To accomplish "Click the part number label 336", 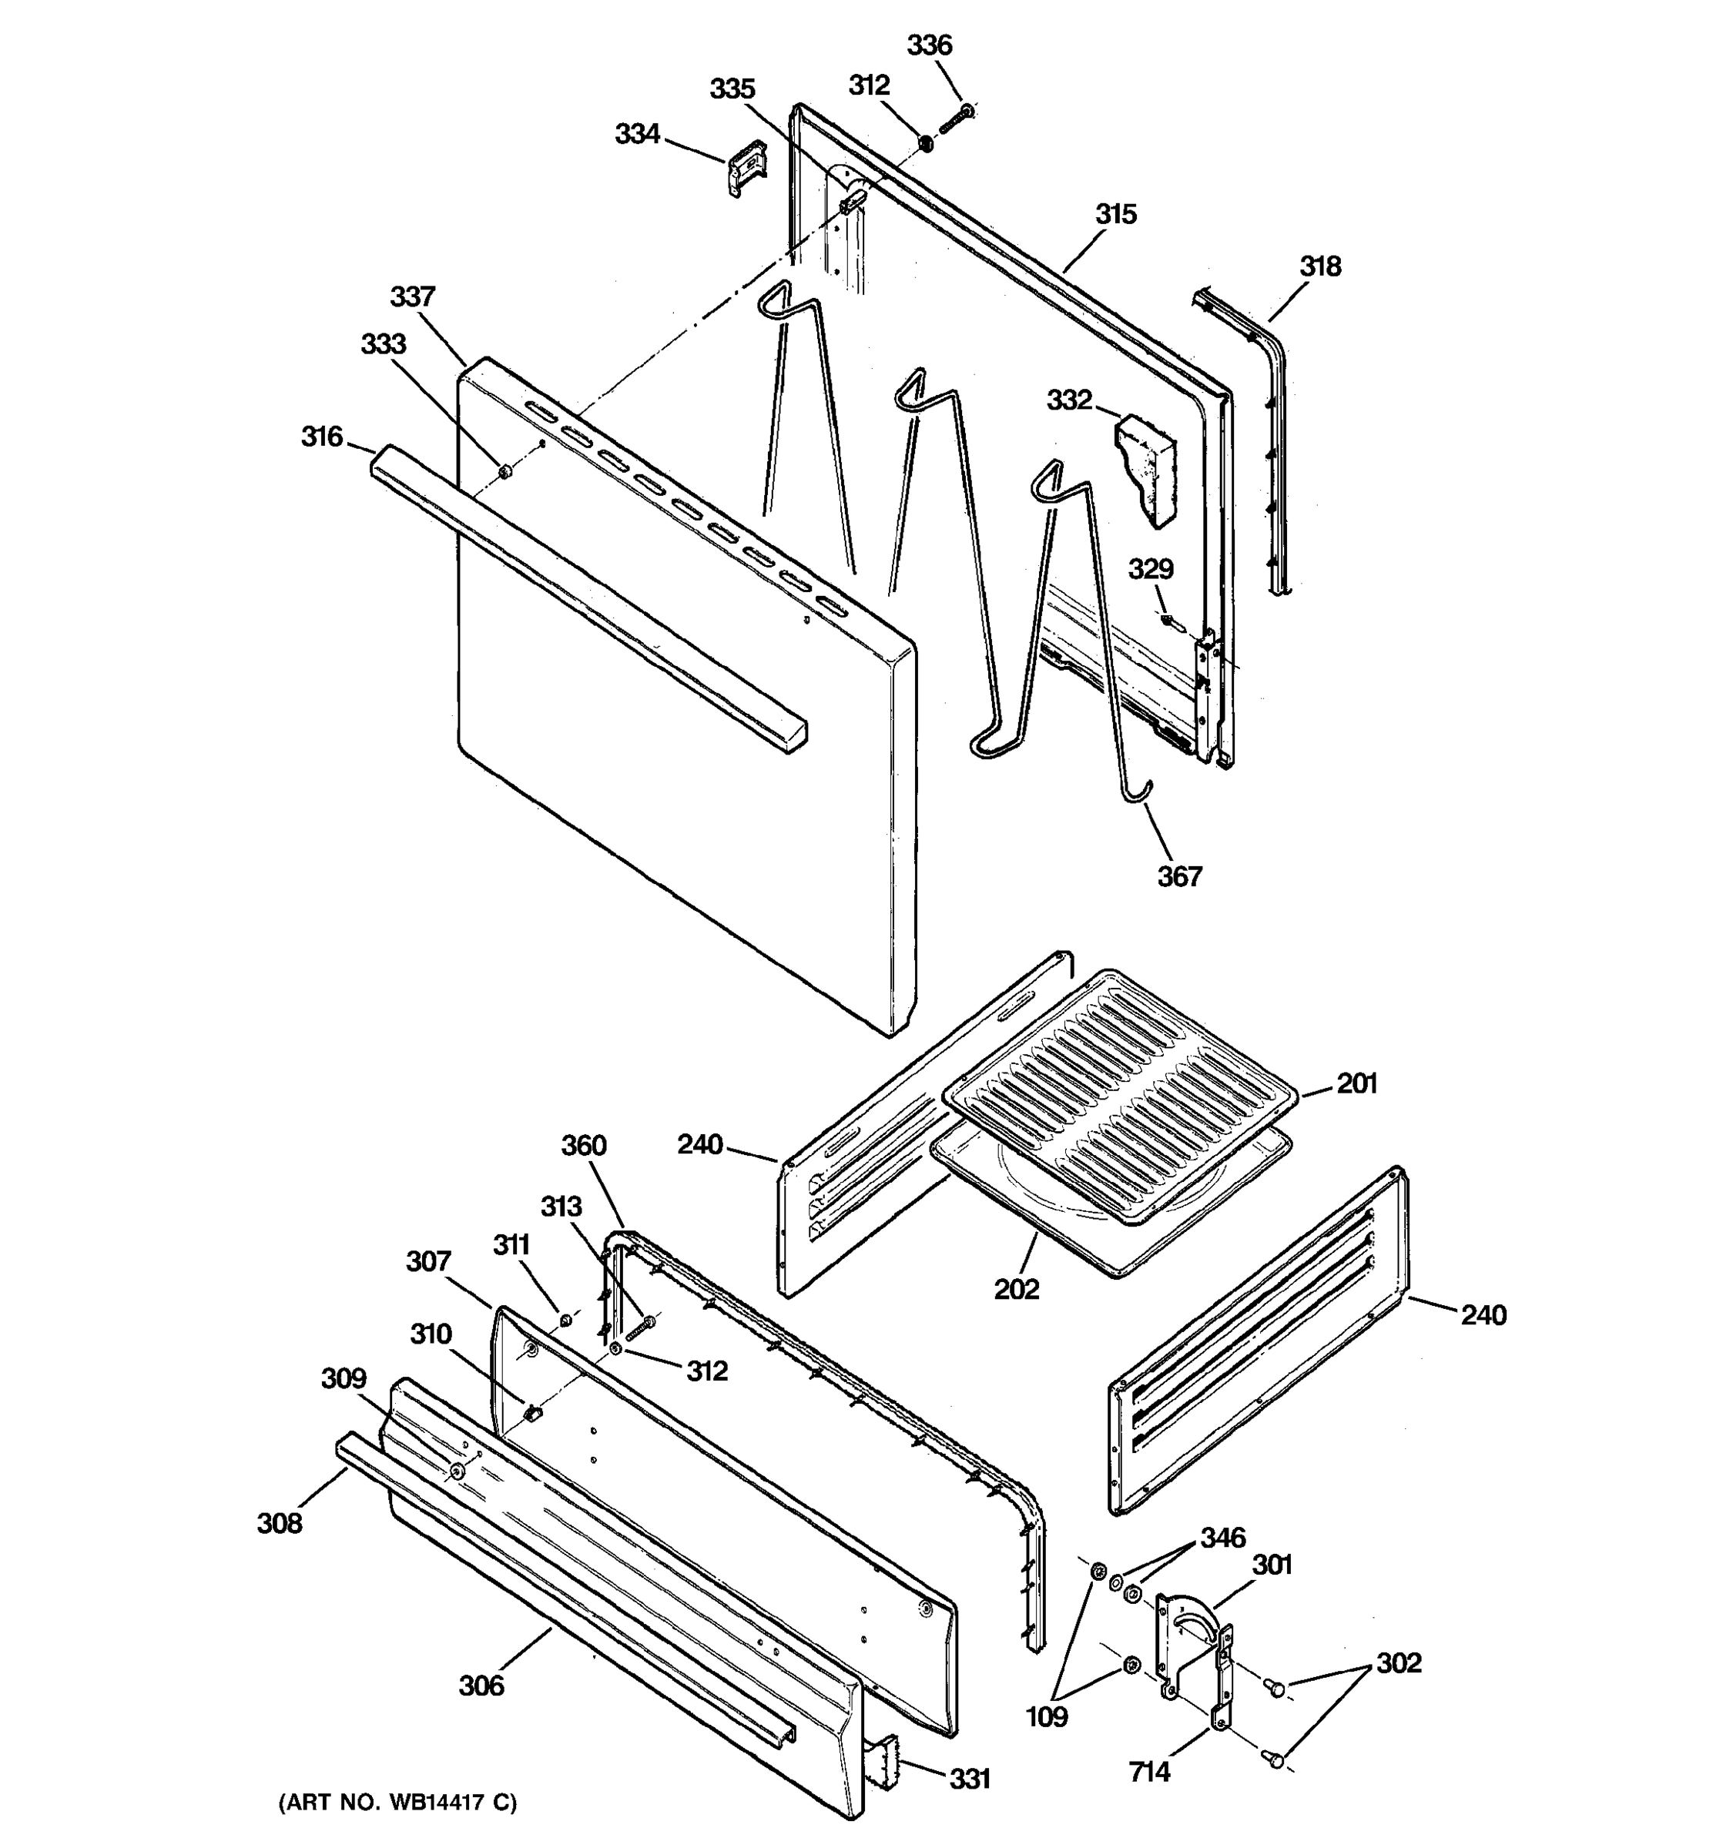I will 929,45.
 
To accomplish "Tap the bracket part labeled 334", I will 746,167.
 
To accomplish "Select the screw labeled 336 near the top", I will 955,118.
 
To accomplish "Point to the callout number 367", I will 1179,875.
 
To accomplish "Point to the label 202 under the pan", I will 1016,1289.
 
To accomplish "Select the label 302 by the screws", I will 1398,1662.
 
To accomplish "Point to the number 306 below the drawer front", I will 481,1686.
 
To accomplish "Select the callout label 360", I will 583,1145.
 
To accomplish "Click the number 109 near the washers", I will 1047,1717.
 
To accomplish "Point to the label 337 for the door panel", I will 412,296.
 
